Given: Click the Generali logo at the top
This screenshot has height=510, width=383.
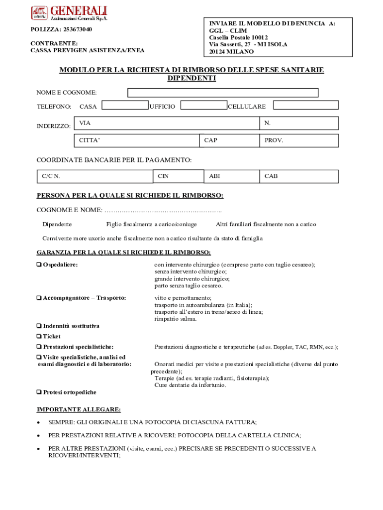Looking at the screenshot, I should coord(69,13).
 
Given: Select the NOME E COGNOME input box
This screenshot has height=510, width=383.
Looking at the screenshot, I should coord(223,93).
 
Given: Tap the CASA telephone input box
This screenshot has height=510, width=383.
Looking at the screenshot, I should coord(125,105).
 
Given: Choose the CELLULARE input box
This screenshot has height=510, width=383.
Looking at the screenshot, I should coord(306,105).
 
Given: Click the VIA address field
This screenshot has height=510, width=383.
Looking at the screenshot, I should coord(167,123).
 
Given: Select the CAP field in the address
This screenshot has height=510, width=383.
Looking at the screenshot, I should coord(229,140).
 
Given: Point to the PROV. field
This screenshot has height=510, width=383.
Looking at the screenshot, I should coord(298,140).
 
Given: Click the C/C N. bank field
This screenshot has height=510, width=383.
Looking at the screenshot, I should coord(95,176).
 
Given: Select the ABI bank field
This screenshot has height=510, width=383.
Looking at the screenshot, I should coord(231,176).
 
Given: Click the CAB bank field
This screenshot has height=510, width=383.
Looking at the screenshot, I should coord(298,176).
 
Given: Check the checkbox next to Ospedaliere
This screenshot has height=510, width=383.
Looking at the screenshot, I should coord(39,265).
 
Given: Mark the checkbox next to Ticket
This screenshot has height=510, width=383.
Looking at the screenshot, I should coord(39,337).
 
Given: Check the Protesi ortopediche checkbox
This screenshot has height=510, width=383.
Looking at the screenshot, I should coord(39,392).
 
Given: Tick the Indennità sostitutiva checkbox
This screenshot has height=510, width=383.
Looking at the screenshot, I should coord(39,326).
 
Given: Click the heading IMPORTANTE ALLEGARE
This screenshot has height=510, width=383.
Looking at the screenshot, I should coord(79,409).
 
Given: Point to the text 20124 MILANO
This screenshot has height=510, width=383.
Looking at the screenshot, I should coord(231,52).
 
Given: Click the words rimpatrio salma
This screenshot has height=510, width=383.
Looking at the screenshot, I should coord(175,319).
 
